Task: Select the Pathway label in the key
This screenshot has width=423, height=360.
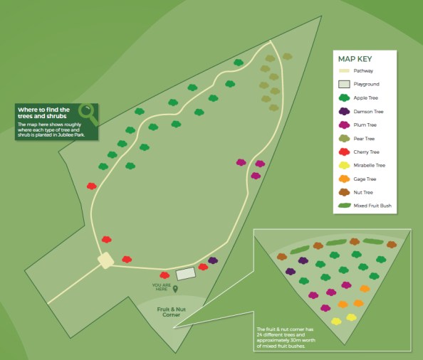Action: point(364,71)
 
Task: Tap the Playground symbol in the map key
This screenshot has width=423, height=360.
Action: point(343,85)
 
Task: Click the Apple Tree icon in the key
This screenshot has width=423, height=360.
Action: point(343,98)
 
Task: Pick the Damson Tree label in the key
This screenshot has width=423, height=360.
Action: point(369,112)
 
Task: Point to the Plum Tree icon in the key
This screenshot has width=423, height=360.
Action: point(343,125)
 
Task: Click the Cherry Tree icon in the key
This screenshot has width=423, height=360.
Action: point(343,152)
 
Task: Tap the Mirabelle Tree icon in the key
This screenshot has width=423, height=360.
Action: point(343,165)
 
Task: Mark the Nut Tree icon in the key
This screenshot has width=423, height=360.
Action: point(343,192)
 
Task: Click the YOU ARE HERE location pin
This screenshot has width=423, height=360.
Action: point(175,289)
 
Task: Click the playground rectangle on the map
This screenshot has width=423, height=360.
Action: point(185,273)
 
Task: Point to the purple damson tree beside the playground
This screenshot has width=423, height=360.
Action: point(212,261)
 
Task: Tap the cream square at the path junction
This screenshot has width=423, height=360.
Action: point(105,260)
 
